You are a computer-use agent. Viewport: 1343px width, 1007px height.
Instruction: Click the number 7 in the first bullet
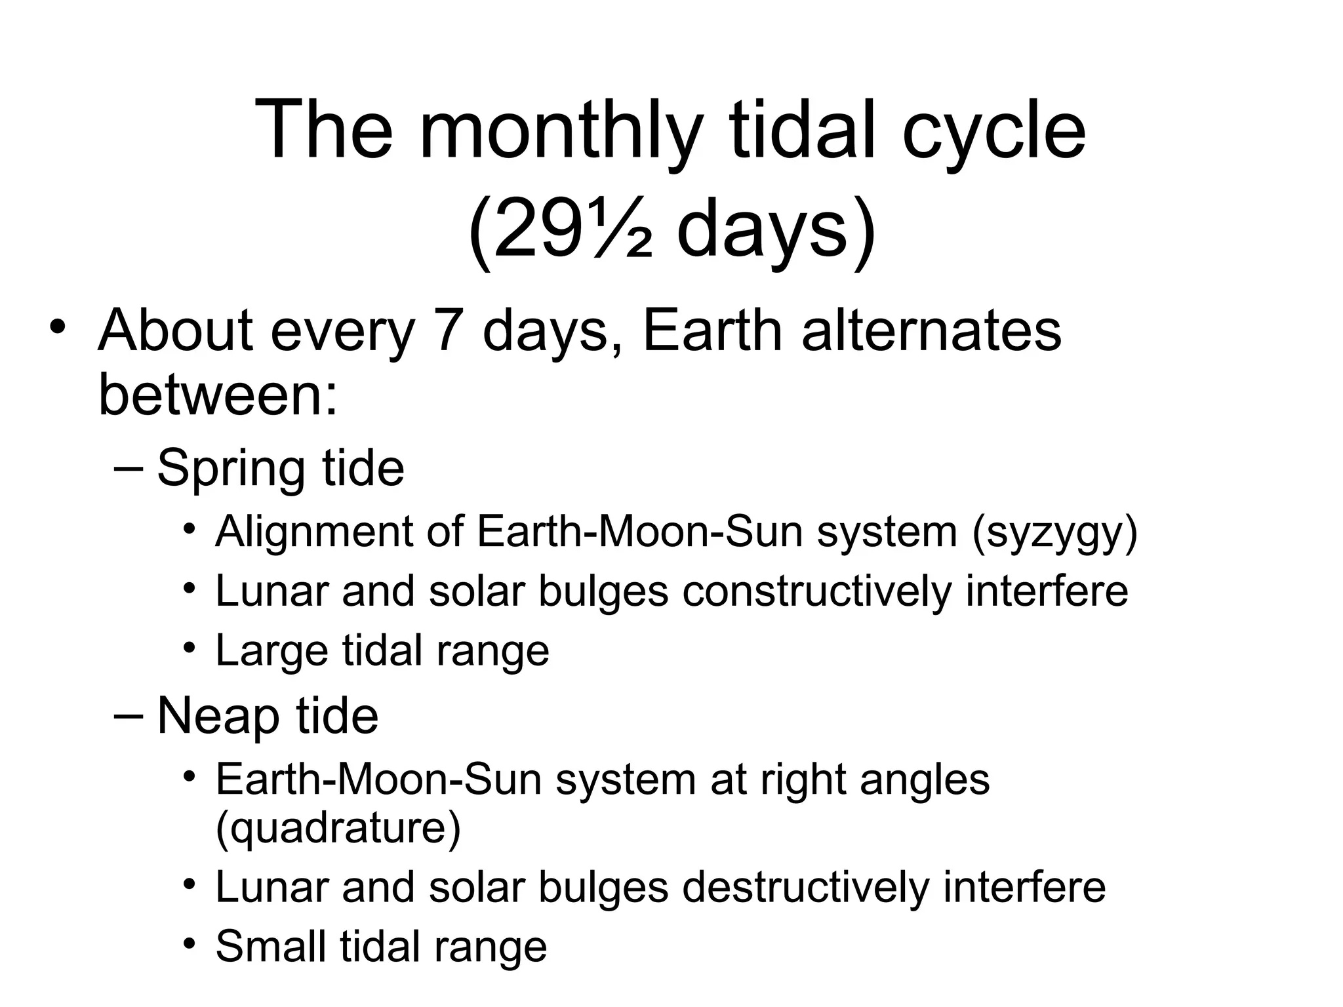[449, 331]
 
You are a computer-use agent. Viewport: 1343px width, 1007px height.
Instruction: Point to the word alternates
[931, 331]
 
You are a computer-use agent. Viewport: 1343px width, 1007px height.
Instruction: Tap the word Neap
[217, 716]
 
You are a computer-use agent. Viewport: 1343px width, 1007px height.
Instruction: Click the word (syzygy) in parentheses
[1054, 532]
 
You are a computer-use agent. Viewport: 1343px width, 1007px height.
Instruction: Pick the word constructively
[816, 591]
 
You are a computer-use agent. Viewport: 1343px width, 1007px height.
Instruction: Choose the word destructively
[805, 888]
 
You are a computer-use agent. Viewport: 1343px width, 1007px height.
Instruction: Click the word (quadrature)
[338, 827]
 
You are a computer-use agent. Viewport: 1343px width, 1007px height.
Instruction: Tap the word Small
[270, 947]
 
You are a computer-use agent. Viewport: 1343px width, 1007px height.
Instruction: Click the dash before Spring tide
[127, 469]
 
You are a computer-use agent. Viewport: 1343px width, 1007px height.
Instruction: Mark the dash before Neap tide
[127, 716]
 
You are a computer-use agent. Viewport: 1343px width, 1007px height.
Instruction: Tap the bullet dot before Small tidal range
[190, 944]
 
